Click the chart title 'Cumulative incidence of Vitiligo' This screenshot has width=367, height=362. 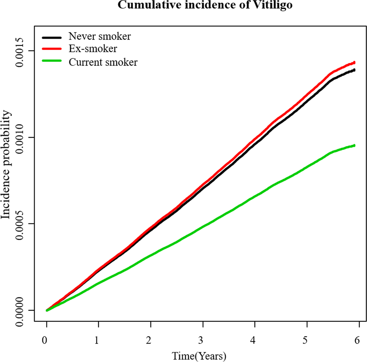click(205, 5)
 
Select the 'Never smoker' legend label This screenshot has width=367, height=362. click(100, 37)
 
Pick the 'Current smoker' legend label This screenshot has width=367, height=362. click(103, 62)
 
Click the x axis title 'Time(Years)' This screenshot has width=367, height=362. click(199, 356)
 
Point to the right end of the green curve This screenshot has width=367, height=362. click(354, 146)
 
